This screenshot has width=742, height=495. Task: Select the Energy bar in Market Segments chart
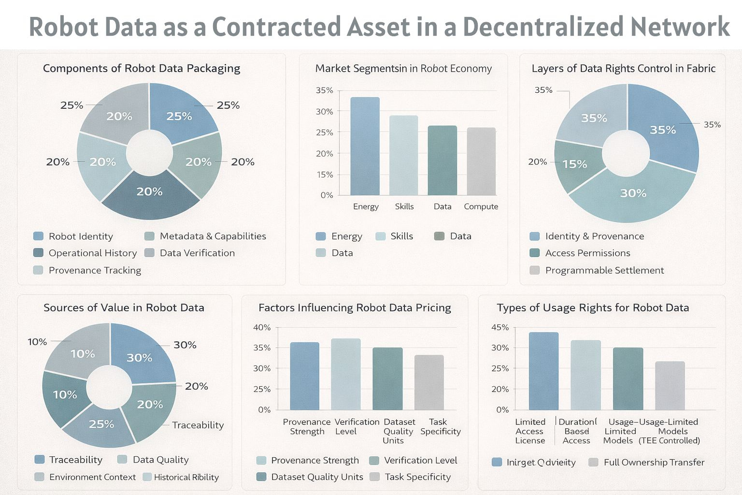365,146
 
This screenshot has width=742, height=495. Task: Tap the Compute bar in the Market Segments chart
481,161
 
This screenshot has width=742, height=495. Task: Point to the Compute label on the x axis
481,206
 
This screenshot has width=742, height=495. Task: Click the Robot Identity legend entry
80,236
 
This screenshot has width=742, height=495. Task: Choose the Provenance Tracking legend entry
94,270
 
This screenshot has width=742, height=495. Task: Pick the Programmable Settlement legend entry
604,270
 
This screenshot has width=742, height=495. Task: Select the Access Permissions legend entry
587,253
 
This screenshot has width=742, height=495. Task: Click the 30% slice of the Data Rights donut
633,193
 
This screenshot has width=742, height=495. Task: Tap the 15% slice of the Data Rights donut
575,164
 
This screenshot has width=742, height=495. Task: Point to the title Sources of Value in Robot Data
124,308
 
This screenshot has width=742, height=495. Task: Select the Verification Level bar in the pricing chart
346,374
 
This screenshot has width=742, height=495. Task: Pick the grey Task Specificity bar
429,382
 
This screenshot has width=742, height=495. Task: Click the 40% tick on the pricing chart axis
262,328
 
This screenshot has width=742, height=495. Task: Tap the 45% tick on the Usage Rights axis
500,328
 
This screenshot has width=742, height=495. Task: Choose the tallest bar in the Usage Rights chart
543,371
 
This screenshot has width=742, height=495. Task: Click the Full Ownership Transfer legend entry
654,463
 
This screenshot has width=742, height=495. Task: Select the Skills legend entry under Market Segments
401,236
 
